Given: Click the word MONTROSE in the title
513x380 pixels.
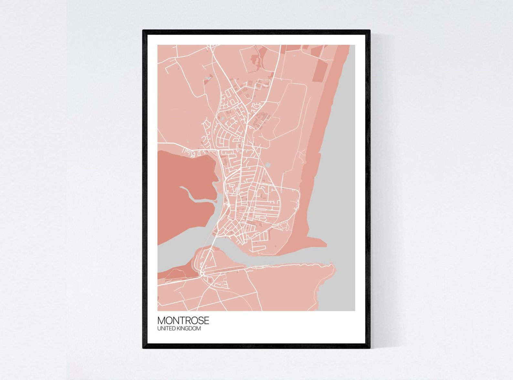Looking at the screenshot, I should (183, 321).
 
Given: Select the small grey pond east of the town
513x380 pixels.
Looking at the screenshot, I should (267, 165).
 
